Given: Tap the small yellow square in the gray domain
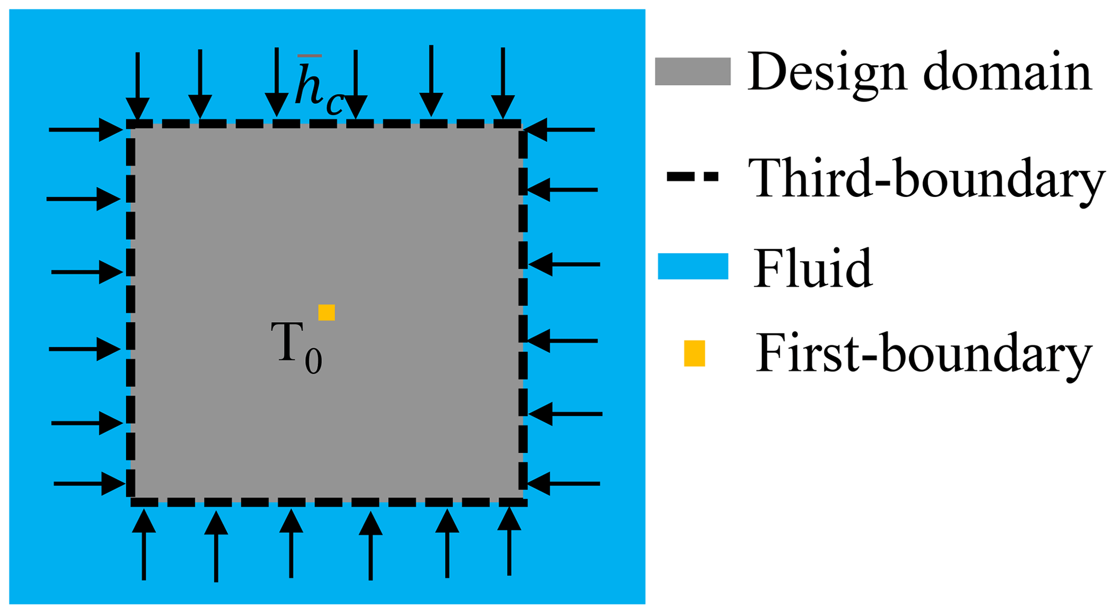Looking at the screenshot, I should pos(326,312).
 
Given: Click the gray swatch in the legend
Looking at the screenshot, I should pos(692,71).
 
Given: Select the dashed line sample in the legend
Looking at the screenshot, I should pos(693,176).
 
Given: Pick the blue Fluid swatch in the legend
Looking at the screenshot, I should pos(693,266).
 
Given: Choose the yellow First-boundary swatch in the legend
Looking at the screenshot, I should pos(694,353).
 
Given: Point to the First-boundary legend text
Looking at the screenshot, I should pos(924,354).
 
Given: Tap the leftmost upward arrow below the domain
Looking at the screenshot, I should pos(144,545).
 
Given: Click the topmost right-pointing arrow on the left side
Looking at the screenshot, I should pos(86,130).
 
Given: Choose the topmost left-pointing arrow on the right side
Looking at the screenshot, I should pos(559,130).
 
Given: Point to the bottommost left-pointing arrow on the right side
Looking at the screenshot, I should pos(564,483).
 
